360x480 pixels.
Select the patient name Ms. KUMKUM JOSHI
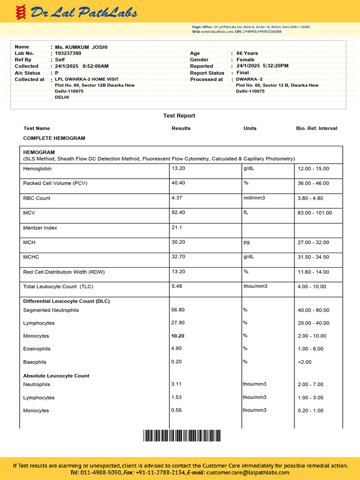[81, 47]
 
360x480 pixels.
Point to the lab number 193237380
[68, 53]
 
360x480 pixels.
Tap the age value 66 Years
[247, 53]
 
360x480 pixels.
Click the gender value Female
[246, 60]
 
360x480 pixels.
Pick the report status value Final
[243, 73]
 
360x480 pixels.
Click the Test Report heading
[179, 116]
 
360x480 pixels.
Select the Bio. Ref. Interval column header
[316, 128]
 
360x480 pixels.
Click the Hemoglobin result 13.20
[179, 168]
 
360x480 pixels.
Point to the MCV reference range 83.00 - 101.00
[315, 213]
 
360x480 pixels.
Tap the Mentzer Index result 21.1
[177, 228]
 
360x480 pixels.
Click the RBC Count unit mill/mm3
[254, 198]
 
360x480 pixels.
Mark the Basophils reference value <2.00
[304, 362]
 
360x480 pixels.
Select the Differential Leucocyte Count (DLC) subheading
[67, 301]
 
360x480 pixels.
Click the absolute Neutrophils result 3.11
[177, 384]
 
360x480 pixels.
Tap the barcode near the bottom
[182, 436]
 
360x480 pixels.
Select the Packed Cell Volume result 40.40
[179, 183]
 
